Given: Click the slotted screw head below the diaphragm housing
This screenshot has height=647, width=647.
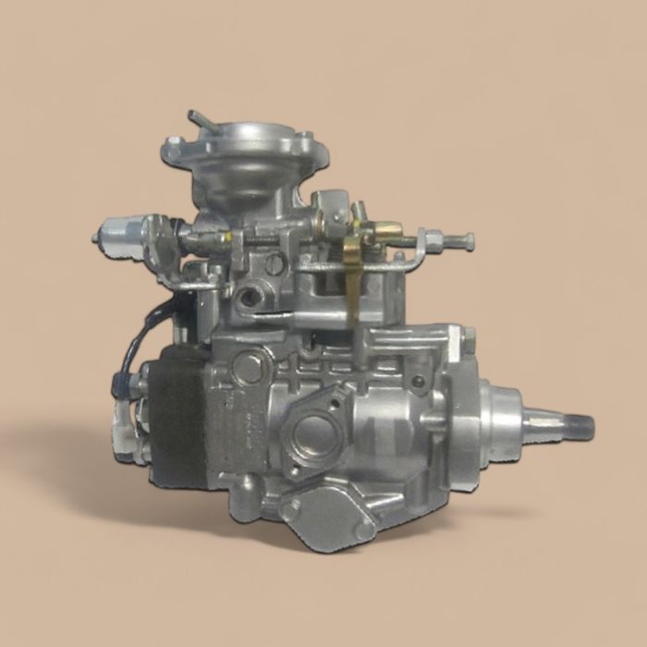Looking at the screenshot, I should pos(275,263).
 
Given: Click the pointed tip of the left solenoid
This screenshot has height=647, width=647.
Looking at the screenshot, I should pos(96,237).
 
